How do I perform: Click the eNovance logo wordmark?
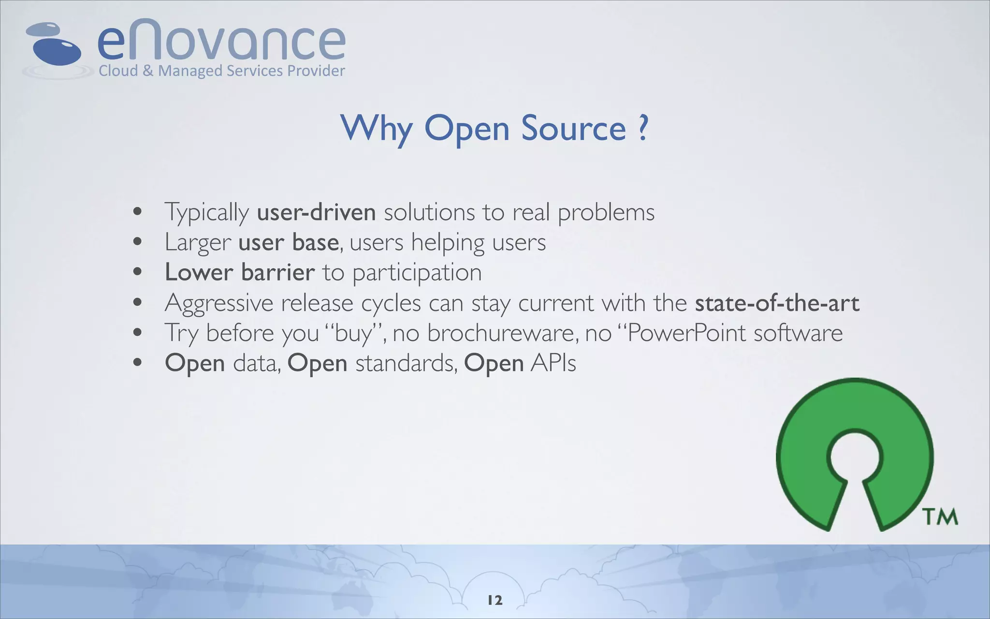tap(221, 41)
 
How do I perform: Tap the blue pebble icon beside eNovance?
tap(56, 46)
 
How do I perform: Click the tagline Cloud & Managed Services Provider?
tap(221, 71)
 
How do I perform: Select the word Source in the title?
tap(573, 129)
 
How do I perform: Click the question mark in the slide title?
tap(642, 128)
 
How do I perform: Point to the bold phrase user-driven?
tap(316, 212)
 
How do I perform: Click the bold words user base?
tap(288, 242)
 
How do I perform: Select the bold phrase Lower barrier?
tap(240, 272)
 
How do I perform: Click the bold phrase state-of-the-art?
tap(777, 303)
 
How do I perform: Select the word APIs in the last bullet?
tap(553, 363)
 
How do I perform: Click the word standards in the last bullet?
tap(406, 363)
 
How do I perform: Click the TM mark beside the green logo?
tap(940, 516)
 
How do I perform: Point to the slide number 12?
tap(495, 600)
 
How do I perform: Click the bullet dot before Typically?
tap(138, 212)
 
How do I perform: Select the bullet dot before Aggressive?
tap(138, 303)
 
